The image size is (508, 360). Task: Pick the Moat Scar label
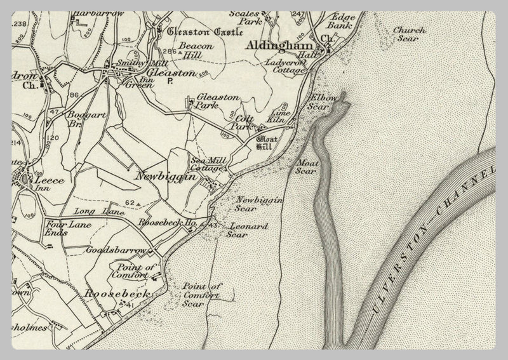(x=306, y=166)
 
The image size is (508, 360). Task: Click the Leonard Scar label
(x=248, y=230)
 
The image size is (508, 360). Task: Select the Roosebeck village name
(x=117, y=294)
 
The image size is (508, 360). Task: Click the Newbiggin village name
(x=164, y=178)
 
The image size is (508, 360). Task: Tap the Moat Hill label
(x=264, y=143)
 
